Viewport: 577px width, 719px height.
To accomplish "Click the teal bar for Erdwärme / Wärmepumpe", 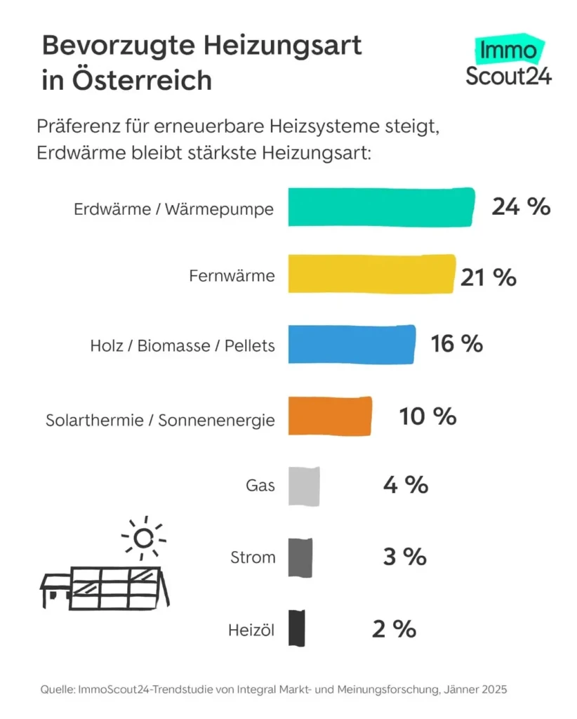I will point(381,207).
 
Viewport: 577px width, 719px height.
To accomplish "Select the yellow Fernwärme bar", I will point(371,275).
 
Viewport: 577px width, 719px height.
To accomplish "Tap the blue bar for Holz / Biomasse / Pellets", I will point(352,345).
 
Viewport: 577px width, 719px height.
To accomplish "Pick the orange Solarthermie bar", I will point(330,416).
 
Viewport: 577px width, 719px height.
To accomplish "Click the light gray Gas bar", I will point(304,486).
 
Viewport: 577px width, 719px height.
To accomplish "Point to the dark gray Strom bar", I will point(300,558).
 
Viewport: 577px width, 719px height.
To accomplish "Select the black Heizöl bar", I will point(297,628).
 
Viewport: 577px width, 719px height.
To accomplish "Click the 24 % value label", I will point(520,207).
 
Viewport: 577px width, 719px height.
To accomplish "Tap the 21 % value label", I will point(489,277).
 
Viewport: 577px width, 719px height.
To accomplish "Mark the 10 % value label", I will point(428,416).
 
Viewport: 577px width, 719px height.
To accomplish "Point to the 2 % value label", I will point(394,629).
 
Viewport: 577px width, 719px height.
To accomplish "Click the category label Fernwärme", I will point(232,276).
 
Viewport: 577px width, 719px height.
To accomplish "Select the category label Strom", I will point(253,558).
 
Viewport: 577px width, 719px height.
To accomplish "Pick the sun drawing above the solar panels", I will point(143,539).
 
